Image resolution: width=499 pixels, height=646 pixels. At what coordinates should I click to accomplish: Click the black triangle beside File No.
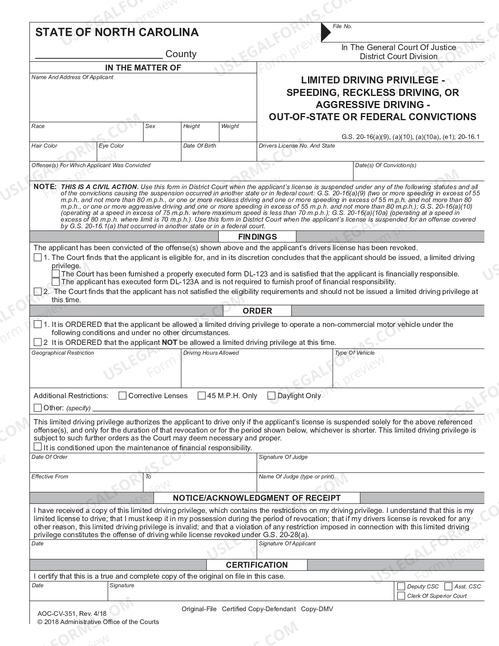325,32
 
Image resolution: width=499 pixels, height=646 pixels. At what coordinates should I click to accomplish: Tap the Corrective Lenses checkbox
122,396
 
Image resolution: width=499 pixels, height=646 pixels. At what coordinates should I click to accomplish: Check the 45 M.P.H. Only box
202,396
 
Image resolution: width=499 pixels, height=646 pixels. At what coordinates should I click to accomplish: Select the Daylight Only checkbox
271,396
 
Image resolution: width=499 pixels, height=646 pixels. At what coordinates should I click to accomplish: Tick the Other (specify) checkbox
38,408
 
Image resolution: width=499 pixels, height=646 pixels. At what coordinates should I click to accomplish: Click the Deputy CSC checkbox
401,586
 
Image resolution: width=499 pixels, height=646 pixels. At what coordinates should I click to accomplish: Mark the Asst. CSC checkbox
449,586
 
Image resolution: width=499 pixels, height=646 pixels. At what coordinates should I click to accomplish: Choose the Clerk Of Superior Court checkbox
401,596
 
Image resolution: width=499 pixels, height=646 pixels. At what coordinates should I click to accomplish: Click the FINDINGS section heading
257,237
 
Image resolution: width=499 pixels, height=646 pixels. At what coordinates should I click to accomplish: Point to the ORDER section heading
257,311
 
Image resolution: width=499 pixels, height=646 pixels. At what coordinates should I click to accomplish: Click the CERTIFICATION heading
257,565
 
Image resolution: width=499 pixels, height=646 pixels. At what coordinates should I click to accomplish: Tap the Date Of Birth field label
199,146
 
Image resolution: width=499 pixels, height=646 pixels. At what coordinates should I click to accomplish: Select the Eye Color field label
111,146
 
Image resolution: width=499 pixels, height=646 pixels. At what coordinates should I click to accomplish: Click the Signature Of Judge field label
283,457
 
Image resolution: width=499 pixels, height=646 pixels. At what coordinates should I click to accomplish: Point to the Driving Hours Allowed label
211,353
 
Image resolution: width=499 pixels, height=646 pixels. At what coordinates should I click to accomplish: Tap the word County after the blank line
181,54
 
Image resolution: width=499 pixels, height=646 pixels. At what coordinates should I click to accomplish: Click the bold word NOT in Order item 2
169,343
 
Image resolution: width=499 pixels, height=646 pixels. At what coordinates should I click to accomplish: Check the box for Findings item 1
38,258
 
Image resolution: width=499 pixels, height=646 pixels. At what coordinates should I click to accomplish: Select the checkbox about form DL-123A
56,282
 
